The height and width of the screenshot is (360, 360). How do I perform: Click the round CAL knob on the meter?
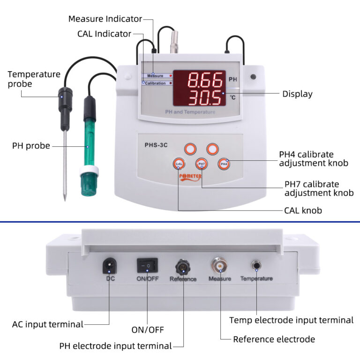tap(179, 164)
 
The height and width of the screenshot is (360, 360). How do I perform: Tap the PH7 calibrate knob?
tap(202, 164)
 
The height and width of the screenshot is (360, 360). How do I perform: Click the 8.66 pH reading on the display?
tap(205, 81)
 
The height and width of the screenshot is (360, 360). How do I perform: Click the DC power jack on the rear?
tap(109, 266)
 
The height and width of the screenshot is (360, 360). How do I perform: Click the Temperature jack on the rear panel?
tap(256, 266)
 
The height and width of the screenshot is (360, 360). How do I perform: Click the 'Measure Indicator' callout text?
tap(105, 19)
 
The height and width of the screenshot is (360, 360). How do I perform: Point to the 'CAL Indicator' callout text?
tap(104, 34)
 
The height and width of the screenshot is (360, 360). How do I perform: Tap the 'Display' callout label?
tap(297, 94)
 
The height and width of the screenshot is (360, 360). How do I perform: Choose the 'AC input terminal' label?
tap(47, 324)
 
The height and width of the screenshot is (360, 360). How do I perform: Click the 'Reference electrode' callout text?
tap(274, 339)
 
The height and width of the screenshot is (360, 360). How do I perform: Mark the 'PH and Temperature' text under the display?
tap(190, 112)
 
